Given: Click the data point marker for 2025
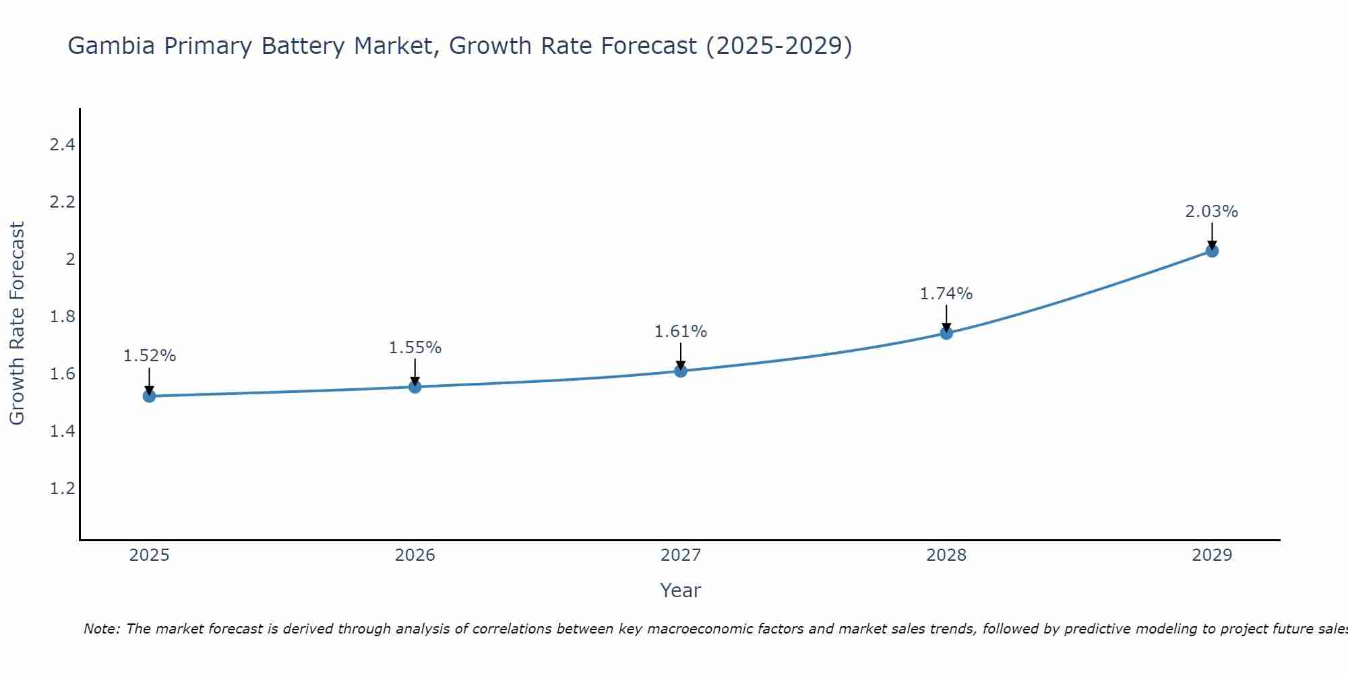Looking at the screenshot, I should [149, 396].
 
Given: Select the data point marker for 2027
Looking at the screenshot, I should [681, 371].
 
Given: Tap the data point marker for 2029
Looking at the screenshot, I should [1212, 251].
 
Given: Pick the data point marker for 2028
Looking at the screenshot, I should [946, 333].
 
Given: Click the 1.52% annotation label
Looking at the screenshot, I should [149, 356].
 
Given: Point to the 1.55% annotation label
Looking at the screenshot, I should [415, 348].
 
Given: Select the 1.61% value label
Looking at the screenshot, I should [681, 332].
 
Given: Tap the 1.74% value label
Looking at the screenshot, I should [946, 294].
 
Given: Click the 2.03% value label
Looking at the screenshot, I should [1212, 212].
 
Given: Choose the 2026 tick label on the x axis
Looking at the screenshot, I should [415, 555].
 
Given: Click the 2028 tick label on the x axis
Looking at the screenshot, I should [946, 555].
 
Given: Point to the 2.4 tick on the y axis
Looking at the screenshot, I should [62, 145].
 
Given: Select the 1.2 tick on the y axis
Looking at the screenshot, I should [62, 489].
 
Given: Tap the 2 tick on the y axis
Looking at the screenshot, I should [69, 259].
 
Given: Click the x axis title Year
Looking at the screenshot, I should [681, 590].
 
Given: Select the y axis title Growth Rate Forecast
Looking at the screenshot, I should [17, 324].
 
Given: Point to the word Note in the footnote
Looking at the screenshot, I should [101, 629].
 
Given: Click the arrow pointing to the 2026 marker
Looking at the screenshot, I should [415, 372].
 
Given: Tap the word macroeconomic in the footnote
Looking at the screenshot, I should [698, 629].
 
